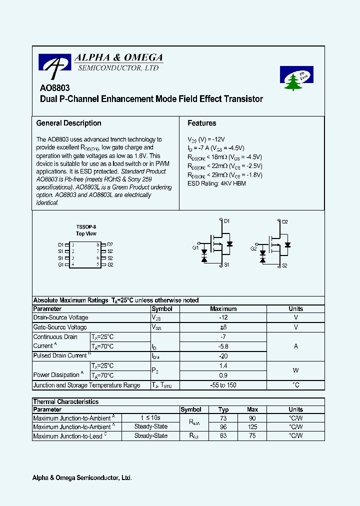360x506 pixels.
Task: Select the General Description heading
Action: point(69,123)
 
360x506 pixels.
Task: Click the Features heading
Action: point(201,123)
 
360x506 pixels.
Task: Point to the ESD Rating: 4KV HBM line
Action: point(216,183)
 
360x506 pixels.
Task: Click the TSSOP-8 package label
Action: point(86,226)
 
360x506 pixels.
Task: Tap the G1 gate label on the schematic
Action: point(195,248)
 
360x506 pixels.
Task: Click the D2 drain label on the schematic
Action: point(284,221)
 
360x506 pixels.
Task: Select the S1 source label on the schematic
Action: point(226,265)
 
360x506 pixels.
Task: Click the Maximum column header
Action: point(223,308)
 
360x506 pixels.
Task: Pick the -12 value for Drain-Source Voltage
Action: point(223,317)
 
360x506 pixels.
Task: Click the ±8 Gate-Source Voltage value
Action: point(223,327)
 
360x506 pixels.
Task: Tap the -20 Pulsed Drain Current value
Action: point(223,356)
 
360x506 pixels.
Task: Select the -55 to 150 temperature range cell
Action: point(223,385)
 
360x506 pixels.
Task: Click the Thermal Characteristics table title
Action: point(65,401)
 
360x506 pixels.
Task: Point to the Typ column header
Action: point(223,409)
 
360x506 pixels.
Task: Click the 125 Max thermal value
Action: point(252,427)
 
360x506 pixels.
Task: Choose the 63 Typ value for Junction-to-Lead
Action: point(223,436)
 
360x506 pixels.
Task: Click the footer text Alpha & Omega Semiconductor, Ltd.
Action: point(82,478)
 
